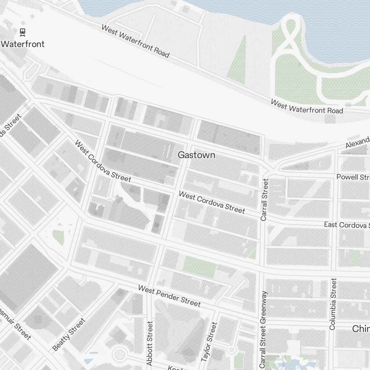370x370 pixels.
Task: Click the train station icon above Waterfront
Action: click(x=23, y=32)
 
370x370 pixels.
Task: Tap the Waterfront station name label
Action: click(x=23, y=44)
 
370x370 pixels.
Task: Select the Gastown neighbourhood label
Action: click(x=196, y=155)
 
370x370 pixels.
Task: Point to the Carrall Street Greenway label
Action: click(x=263, y=329)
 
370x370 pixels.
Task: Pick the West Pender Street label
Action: click(x=169, y=296)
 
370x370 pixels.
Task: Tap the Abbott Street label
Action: click(x=149, y=343)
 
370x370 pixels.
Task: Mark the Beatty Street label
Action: click(x=69, y=334)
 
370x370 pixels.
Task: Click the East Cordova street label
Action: click(x=347, y=225)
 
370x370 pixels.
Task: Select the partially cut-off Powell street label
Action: click(x=353, y=177)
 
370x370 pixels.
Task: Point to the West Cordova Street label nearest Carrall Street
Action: click(x=212, y=202)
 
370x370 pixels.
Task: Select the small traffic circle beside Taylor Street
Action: click(x=232, y=349)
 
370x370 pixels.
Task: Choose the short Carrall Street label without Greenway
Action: click(x=264, y=200)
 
